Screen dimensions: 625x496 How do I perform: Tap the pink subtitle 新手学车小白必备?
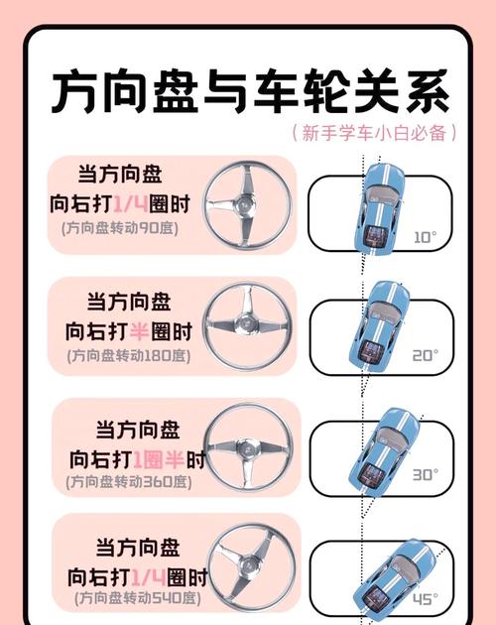(376, 132)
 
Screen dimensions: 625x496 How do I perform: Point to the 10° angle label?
(424, 237)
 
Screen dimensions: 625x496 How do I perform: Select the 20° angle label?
(425, 354)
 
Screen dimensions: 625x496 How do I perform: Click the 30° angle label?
(425, 474)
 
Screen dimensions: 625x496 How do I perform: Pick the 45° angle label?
(426, 598)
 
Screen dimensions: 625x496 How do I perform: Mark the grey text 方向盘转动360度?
(130, 482)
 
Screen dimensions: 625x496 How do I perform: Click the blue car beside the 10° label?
(378, 208)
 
